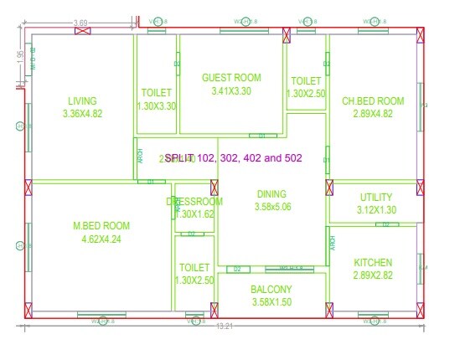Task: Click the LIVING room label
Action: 82,101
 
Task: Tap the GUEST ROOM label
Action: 231,78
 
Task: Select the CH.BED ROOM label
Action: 373,101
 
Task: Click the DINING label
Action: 271,194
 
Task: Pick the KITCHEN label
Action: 373,263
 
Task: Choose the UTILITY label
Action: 376,198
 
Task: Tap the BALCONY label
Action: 271,290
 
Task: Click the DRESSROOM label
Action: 194,202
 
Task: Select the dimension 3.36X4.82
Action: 82,115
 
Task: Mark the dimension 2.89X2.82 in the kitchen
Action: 373,275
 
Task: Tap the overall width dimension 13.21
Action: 223,326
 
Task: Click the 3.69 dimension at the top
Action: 81,22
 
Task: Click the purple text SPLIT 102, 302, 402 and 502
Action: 233,157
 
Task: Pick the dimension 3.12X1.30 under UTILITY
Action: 376,210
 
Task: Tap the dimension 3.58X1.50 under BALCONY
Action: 271,302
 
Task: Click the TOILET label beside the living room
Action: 156,92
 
